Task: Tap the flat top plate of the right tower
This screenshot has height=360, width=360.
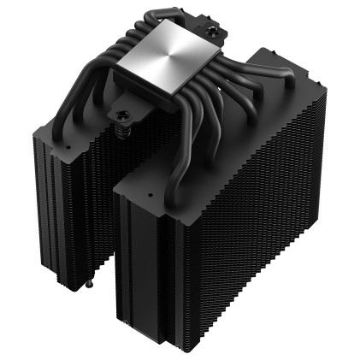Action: pos(231,128)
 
